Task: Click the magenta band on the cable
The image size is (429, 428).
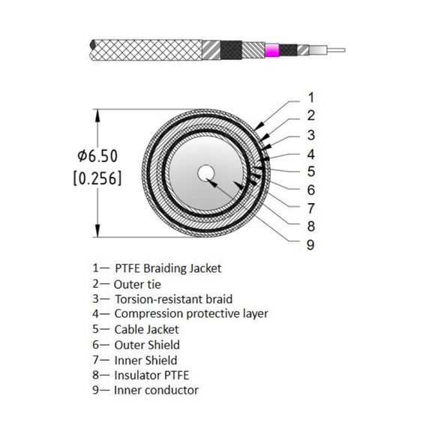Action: click(x=271, y=51)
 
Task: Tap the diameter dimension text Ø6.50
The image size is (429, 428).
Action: click(x=100, y=156)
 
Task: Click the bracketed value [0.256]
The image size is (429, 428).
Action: click(x=100, y=179)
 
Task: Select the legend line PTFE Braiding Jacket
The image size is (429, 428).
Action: click(x=157, y=268)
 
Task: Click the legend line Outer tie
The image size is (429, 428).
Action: click(x=137, y=284)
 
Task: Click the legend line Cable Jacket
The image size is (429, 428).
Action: click(x=146, y=329)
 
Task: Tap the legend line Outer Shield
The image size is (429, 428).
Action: click(x=146, y=345)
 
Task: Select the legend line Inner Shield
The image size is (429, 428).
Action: click(x=145, y=360)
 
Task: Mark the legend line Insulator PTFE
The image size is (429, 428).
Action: click(x=150, y=375)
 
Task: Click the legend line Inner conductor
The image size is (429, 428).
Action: click(x=155, y=390)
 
